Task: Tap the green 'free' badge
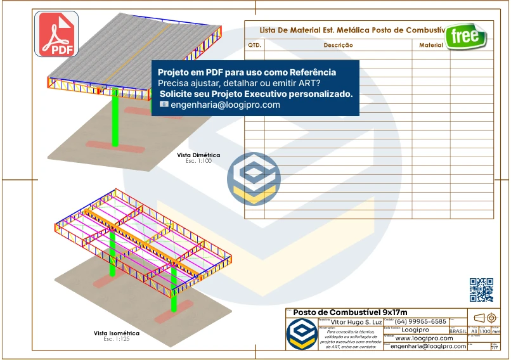click(465, 36)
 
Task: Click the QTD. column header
click(254, 46)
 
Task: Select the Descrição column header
click(338, 46)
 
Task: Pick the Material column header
click(431, 46)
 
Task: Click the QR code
click(481, 290)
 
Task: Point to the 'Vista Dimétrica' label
click(198, 155)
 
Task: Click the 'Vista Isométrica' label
click(117, 333)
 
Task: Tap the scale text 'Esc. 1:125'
click(117, 340)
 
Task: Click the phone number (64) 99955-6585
click(420, 322)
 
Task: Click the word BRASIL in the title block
click(458, 331)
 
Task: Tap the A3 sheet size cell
click(474, 331)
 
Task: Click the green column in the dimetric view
click(115, 120)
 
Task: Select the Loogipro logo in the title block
click(301, 333)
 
